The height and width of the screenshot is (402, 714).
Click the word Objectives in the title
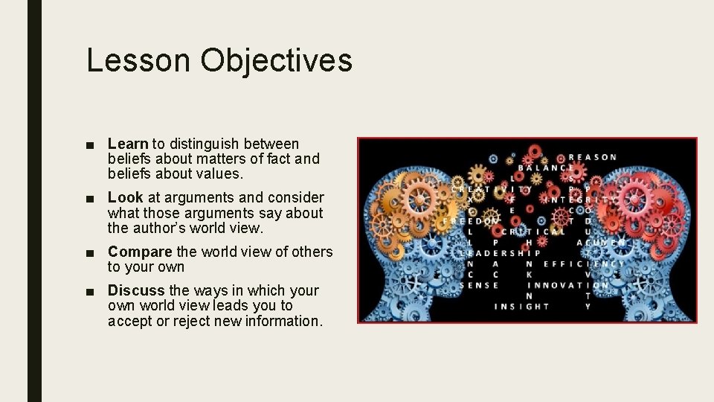tap(276, 60)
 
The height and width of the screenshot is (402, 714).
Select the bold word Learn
tap(128, 144)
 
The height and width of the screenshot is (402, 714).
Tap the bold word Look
tap(125, 197)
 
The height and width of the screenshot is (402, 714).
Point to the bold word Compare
tap(140, 252)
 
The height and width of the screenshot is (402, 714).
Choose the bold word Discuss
tap(137, 290)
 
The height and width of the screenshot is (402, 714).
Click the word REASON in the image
tap(593, 157)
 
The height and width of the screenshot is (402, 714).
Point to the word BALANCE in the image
tap(546, 168)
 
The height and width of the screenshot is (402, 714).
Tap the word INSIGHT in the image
tap(521, 306)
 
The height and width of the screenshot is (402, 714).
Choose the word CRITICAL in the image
tap(533, 232)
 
